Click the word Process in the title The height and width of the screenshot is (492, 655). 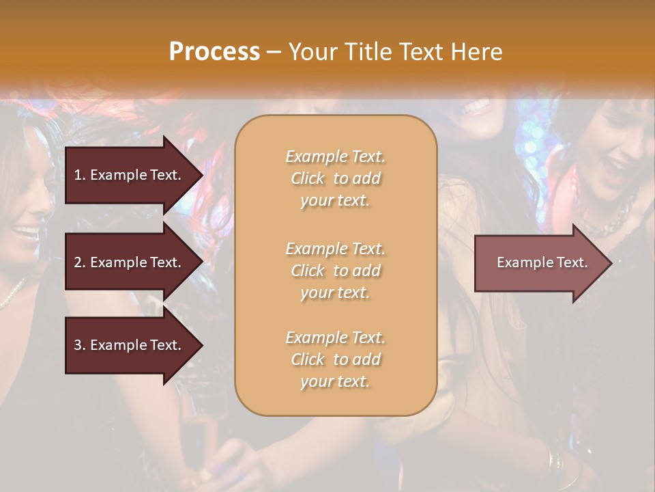pyautogui.click(x=214, y=52)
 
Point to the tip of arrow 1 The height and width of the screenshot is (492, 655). pyautogui.click(x=201, y=175)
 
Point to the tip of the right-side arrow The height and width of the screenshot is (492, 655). pyautogui.click(x=611, y=262)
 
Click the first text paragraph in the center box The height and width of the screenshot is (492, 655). pyautogui.click(x=335, y=178)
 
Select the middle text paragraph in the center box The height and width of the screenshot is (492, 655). pyautogui.click(x=335, y=271)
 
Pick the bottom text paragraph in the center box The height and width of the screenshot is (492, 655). pyautogui.click(x=335, y=359)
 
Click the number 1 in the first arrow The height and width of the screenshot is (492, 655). pyautogui.click(x=78, y=175)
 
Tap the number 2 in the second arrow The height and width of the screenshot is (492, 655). pyautogui.click(x=78, y=262)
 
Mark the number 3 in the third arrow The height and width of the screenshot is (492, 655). pyautogui.click(x=78, y=345)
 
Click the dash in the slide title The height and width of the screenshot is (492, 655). pyautogui.click(x=274, y=53)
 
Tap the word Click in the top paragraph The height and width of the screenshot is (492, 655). pyautogui.click(x=308, y=178)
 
